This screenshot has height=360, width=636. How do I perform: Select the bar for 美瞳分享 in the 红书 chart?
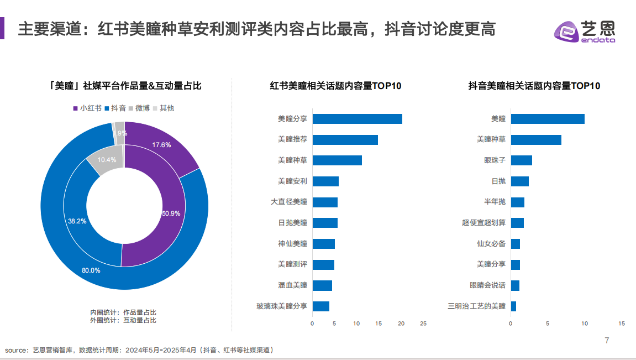point(357,119)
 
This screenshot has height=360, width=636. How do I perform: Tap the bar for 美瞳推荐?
point(345,139)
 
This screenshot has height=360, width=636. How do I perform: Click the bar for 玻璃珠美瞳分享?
point(320,306)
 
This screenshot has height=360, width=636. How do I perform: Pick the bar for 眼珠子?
point(521,160)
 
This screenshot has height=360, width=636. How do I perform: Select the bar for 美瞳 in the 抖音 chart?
point(547,119)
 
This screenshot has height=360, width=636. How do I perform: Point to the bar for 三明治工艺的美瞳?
point(513,306)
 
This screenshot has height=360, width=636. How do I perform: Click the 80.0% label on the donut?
point(91,270)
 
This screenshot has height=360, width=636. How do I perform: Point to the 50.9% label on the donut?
point(171,213)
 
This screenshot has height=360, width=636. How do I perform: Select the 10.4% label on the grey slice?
point(107,160)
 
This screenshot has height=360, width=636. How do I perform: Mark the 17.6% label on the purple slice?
point(162,145)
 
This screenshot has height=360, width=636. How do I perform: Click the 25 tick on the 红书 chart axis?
point(423,324)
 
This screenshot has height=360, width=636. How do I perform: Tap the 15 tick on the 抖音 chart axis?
point(622,324)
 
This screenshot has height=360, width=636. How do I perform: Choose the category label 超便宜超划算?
point(483,223)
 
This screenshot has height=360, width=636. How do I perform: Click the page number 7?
point(607,341)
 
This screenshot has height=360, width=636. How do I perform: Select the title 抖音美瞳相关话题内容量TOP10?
point(534,86)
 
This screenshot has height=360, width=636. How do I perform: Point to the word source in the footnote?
point(16,350)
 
